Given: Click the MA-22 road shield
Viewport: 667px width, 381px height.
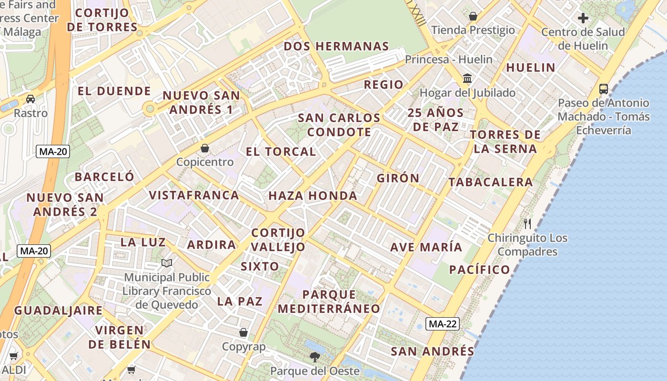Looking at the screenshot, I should click(443, 324).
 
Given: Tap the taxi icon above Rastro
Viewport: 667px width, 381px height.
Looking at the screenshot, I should click(30, 99).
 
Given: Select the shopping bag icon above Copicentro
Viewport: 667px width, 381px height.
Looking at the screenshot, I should click(205, 148).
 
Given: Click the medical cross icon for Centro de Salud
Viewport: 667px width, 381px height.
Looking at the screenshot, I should click(583, 19).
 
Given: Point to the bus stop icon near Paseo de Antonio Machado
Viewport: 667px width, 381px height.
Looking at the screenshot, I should click(603, 89).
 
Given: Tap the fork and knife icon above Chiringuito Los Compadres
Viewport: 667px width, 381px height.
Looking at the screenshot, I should click(527, 223).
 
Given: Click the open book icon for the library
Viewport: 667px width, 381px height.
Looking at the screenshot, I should click(167, 263).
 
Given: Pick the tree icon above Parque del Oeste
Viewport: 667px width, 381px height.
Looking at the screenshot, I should click(314, 357).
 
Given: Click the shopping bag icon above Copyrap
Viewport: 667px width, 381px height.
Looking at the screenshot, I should click(243, 332).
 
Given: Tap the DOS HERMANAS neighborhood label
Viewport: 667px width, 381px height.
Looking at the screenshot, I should click(336, 47).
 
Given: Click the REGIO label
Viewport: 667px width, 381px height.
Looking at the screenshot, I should click(384, 85).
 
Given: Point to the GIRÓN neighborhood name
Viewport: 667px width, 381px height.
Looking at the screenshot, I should click(398, 179).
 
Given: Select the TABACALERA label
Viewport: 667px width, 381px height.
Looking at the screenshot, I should click(491, 182).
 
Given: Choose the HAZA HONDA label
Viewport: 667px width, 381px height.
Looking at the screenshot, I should click(313, 196).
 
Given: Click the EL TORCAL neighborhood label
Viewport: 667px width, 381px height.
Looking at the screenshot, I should click(281, 152).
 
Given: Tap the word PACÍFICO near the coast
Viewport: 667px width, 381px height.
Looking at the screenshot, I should click(480, 270).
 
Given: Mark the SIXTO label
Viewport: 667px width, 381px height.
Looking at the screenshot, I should click(260, 266).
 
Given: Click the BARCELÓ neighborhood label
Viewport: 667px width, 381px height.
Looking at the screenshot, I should click(104, 177).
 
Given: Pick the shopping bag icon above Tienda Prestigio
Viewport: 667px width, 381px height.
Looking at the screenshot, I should click(473, 17).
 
